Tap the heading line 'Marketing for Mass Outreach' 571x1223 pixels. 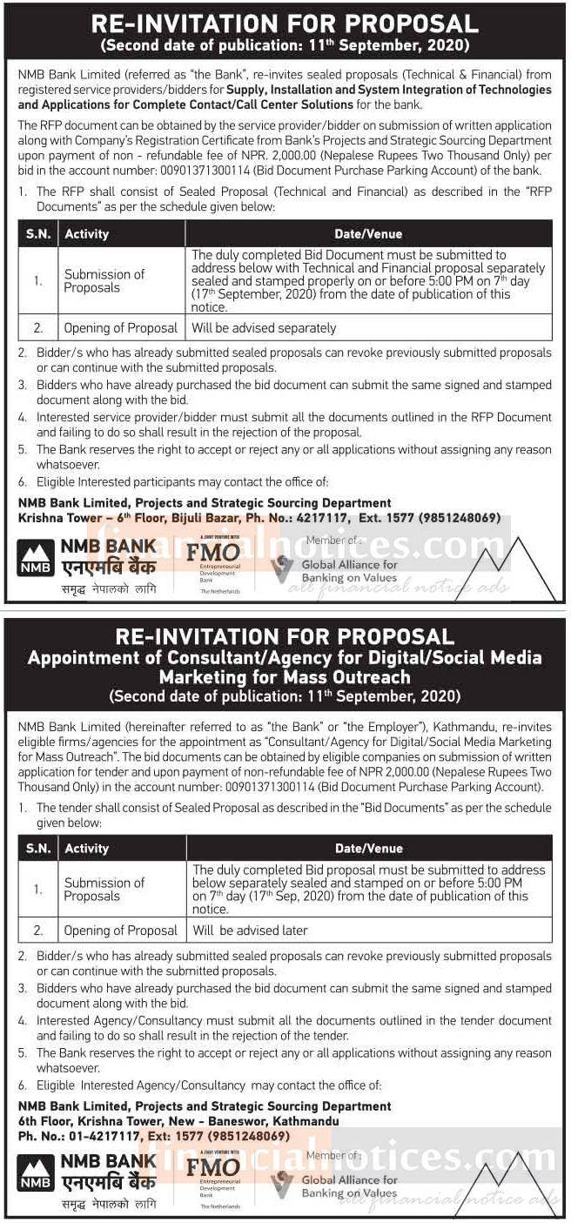[x=285, y=676]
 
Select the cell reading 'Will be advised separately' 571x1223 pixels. [x=264, y=328]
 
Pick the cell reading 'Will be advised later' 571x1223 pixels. [x=251, y=931]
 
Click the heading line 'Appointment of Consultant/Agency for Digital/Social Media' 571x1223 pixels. [x=285, y=657]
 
